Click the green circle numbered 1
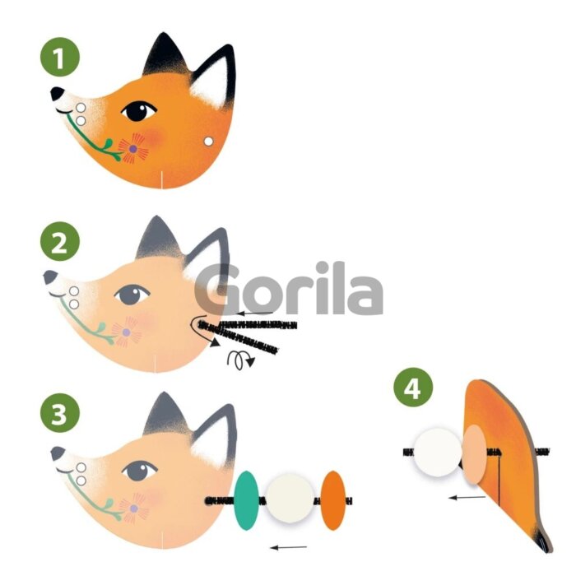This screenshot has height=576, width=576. point(60,57)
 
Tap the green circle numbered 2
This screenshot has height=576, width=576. point(60,241)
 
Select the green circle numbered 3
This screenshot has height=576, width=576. point(60,413)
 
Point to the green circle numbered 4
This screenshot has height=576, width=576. point(413,388)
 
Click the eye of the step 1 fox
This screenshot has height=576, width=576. point(139,111)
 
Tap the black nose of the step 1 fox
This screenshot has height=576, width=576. point(57,93)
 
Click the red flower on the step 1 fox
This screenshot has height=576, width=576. point(133,148)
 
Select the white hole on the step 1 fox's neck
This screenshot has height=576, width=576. point(208,142)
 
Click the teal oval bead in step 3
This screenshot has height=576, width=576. point(247,500)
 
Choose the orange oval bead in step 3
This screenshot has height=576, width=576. point(332,500)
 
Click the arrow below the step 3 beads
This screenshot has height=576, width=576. point(289,548)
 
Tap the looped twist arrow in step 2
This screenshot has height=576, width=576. point(240,360)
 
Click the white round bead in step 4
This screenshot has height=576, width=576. point(438,453)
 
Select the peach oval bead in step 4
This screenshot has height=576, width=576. point(475,454)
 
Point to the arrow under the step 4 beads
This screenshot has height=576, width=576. point(467,498)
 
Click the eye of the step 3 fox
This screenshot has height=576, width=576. point(140,471)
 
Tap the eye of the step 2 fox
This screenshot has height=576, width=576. point(132,295)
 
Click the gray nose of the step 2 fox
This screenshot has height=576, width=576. point(50,277)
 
